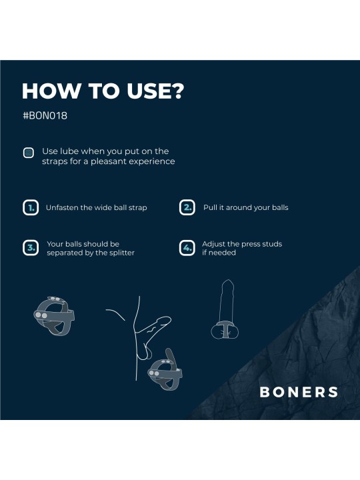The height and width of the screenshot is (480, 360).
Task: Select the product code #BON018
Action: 45,115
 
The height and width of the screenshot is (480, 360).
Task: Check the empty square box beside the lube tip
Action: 29,153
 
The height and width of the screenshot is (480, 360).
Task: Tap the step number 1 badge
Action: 30,207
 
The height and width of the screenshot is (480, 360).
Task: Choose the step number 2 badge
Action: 187,207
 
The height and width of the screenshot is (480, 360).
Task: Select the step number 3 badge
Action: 30,248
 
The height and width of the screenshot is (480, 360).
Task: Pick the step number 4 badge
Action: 187,248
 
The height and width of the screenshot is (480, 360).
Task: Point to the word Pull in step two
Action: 211,207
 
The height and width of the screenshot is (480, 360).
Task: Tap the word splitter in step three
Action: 121,253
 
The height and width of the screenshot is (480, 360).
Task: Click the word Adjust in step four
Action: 214,244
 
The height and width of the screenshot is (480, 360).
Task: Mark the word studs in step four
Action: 271,244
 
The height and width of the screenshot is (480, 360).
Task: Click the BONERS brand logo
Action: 299,392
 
